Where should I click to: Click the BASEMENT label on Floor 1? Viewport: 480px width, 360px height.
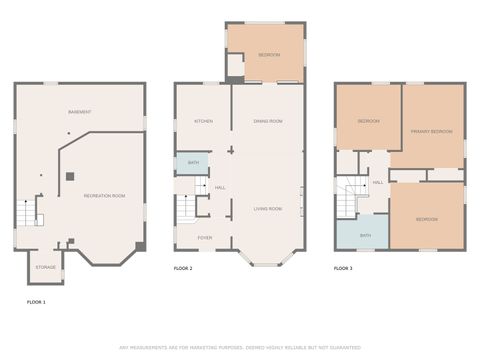point(80,111)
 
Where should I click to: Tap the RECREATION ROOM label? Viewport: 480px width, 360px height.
point(103,195)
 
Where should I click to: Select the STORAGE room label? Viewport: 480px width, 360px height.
point(46,267)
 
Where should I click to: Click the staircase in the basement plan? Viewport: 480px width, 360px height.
point(27,212)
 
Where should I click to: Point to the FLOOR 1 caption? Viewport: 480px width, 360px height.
point(36,300)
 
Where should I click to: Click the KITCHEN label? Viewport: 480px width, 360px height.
point(203,120)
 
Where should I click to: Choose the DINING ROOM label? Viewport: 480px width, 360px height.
point(268,120)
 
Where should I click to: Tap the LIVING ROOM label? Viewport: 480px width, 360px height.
point(267,209)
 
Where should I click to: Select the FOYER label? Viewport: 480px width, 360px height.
point(204,238)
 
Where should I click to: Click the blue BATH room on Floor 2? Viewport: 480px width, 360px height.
point(192,162)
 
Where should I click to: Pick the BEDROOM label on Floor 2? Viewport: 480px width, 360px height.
point(268,55)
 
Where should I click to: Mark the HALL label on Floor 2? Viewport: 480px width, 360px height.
point(219,187)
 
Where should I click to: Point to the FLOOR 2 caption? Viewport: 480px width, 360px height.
point(183,269)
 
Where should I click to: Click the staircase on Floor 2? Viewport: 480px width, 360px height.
point(185,210)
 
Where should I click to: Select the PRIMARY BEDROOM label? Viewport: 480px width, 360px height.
point(431,132)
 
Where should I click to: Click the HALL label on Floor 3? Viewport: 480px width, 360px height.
point(378,182)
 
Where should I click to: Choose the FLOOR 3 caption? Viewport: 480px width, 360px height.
point(343,269)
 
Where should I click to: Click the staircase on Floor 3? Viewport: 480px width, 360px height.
point(346,198)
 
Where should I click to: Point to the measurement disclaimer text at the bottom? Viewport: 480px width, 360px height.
point(240,348)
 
